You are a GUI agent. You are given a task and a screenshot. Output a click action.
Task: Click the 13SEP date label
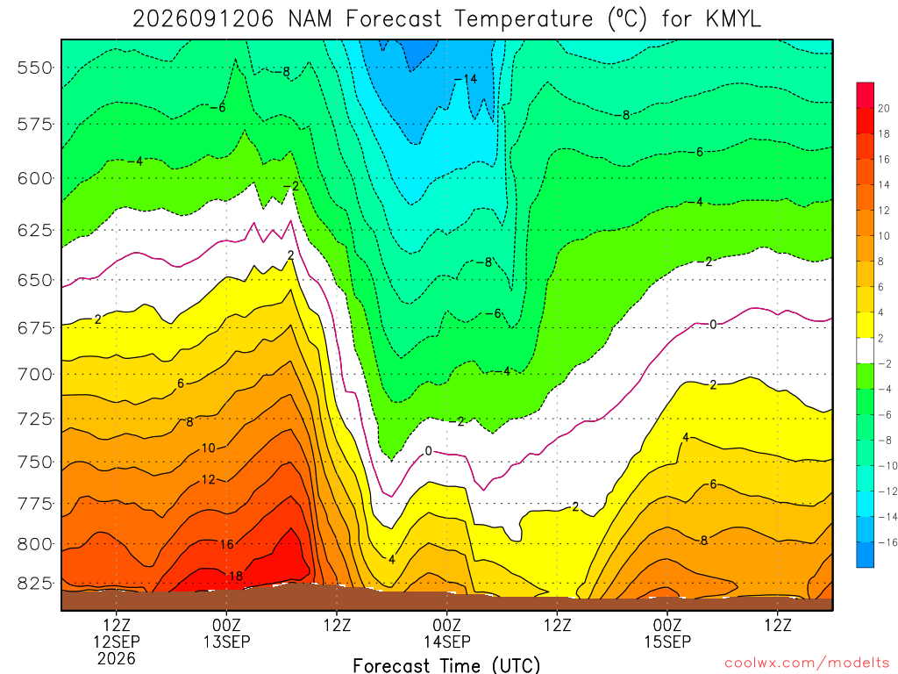[x=227, y=642]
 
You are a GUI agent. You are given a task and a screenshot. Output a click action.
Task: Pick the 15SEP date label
[x=667, y=642]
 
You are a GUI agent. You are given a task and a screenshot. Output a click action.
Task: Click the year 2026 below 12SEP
[x=117, y=658]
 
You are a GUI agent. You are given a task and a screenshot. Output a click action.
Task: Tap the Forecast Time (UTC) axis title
[x=446, y=665]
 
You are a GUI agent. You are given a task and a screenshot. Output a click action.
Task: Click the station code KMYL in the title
[x=733, y=19]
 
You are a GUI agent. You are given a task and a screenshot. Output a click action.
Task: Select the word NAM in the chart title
[x=310, y=19]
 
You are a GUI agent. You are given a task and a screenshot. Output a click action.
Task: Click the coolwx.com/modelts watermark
[x=807, y=663]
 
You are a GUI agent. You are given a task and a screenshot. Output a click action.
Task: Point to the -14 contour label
[x=466, y=79]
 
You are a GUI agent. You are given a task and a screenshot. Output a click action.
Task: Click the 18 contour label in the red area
[x=236, y=576]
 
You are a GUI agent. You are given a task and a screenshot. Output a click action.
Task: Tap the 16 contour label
[x=227, y=544]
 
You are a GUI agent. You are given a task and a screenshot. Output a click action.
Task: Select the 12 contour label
[x=209, y=479]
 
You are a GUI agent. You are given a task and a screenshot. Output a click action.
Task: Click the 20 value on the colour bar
[x=884, y=108]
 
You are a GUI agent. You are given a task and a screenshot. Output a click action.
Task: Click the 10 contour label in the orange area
[x=209, y=448]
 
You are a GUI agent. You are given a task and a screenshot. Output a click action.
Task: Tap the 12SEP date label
[x=117, y=642]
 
